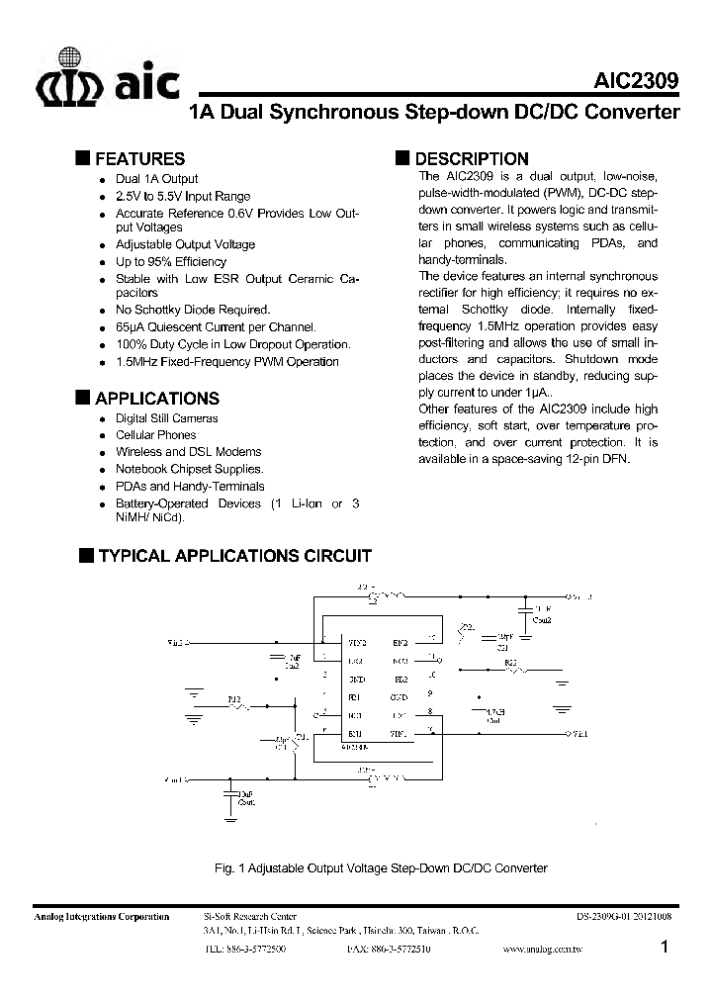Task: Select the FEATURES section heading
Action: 139,158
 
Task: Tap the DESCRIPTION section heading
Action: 472,158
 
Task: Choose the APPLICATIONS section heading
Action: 157,399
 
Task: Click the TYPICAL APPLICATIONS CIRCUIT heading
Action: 233,556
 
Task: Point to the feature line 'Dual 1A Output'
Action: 156,179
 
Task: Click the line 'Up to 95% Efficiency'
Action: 171,262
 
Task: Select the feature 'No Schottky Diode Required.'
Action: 193,310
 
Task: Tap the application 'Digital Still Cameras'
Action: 167,418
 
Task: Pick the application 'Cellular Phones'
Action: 155,435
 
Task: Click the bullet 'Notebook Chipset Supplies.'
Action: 190,469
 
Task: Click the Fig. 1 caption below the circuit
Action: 380,867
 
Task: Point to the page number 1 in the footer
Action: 666,948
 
